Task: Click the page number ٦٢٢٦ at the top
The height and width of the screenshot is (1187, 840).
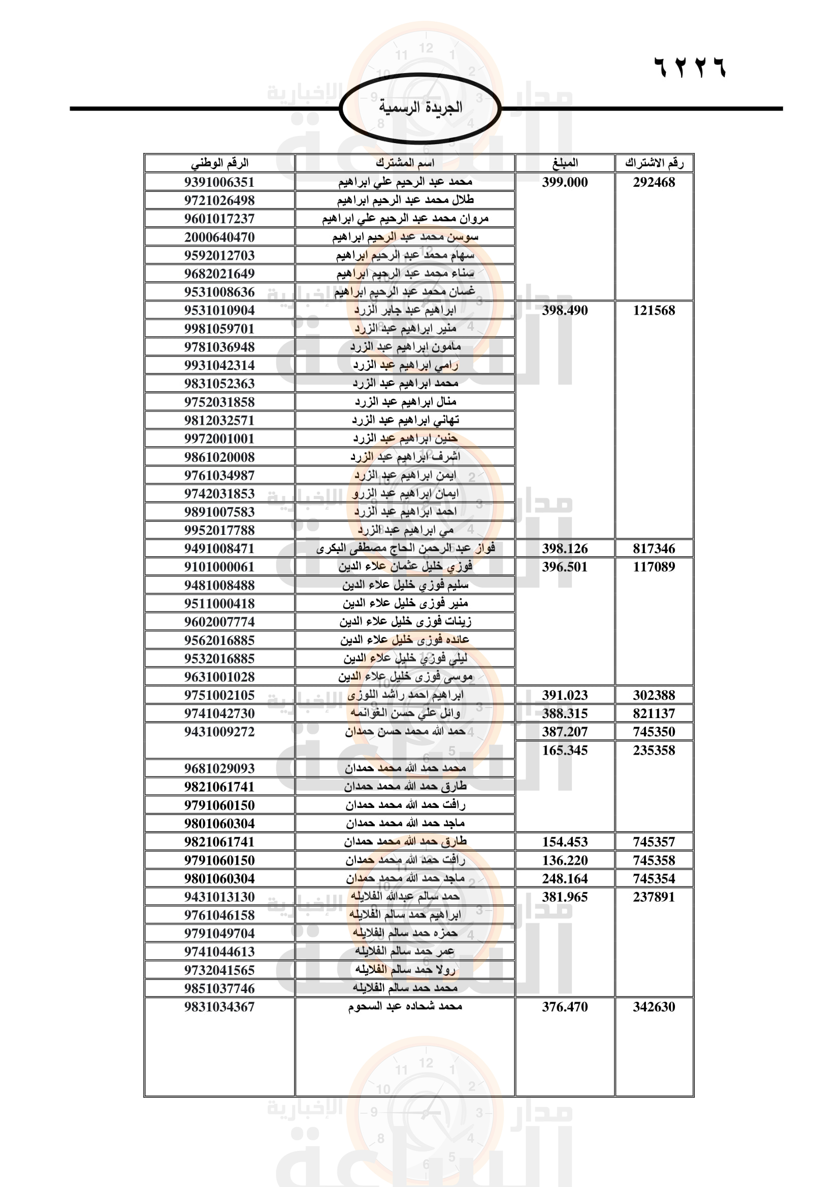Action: (690, 67)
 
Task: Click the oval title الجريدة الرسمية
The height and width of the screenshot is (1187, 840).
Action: (420, 108)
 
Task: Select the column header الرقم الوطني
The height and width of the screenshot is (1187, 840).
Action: (219, 163)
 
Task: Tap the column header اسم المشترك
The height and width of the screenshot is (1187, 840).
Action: (405, 163)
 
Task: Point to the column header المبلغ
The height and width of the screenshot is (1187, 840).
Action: (565, 163)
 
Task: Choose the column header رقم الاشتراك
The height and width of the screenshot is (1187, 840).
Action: (654, 163)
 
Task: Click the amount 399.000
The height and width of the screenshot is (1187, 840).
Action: (565, 182)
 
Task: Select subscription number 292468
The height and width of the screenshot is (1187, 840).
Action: (654, 182)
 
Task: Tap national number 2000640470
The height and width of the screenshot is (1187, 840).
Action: (219, 238)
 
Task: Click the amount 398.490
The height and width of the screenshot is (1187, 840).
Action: (565, 310)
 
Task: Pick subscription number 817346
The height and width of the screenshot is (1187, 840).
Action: (654, 549)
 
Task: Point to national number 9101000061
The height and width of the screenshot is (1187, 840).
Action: (219, 567)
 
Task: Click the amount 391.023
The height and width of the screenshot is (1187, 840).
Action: (565, 695)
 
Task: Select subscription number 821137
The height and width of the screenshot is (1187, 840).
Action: (654, 714)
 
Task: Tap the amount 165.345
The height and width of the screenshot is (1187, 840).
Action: (565, 750)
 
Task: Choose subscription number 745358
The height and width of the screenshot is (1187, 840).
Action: (654, 860)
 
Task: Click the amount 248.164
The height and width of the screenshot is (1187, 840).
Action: (565, 878)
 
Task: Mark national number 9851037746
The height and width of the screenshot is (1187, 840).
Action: (219, 989)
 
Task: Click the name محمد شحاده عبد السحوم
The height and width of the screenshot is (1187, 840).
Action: (405, 1006)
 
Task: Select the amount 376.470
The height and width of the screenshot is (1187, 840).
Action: (565, 1006)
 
